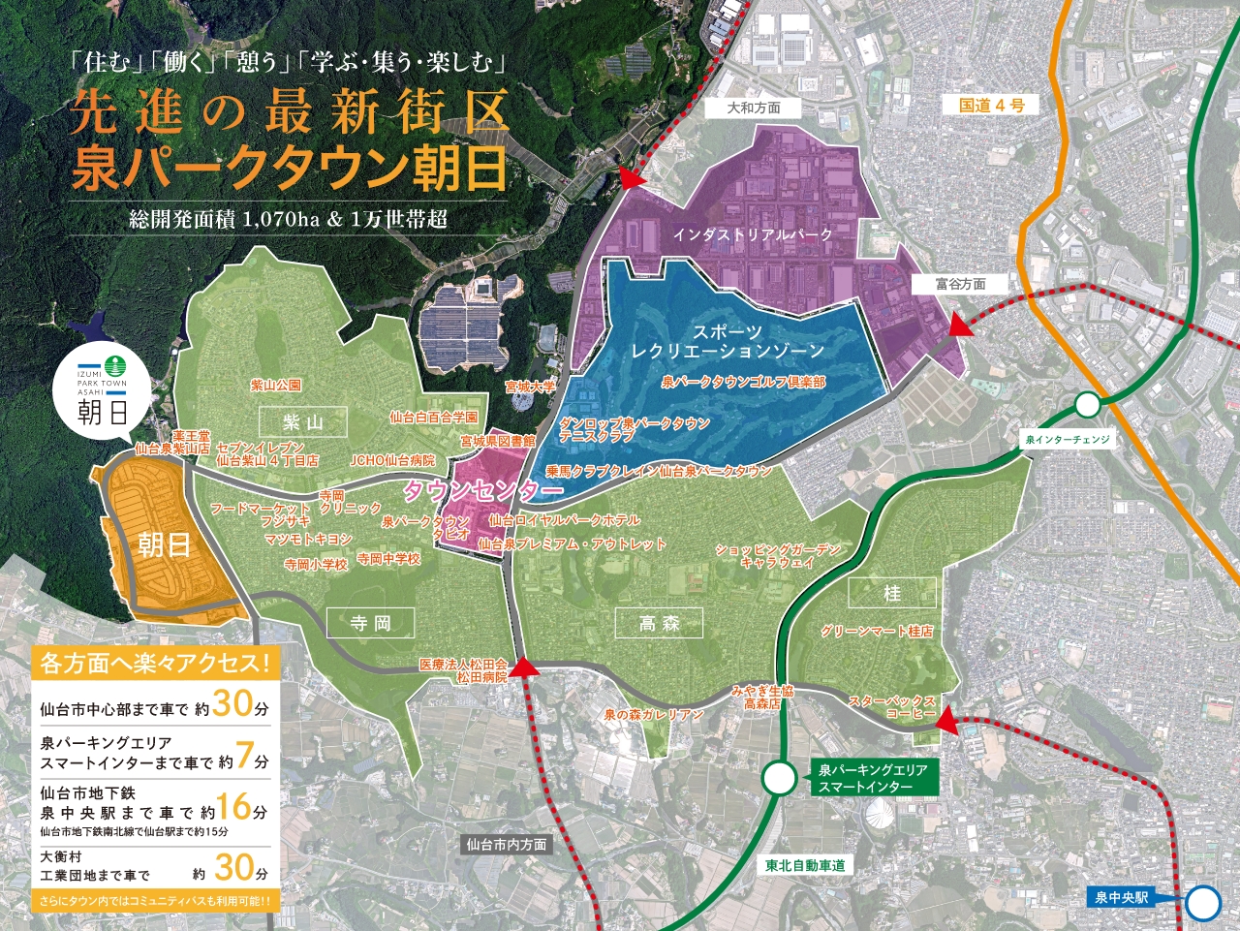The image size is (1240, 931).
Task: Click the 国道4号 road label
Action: coord(991,105)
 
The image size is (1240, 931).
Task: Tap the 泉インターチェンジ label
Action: coord(1068,440)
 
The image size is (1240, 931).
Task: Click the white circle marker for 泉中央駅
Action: coord(1204,903)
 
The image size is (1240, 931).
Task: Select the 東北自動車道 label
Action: coord(805,865)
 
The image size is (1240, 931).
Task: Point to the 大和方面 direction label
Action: coord(754,108)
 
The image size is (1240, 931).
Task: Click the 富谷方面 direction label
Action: coord(960,284)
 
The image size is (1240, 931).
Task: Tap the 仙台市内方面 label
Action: coord(506,844)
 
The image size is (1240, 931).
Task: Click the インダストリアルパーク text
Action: coord(753,234)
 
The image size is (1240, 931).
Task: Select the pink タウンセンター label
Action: coord(482,491)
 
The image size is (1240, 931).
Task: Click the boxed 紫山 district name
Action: coord(303,422)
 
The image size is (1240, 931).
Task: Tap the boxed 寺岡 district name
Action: coord(370,623)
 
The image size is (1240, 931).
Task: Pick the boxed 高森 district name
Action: coord(660,624)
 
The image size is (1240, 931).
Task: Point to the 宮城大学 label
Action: coord(530,387)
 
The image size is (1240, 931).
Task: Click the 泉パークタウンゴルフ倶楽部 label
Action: coord(743,382)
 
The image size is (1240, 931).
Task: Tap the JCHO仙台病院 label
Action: coord(392,460)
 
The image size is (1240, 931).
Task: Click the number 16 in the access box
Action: coord(233,806)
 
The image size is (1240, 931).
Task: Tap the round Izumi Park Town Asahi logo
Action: coord(103,391)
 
